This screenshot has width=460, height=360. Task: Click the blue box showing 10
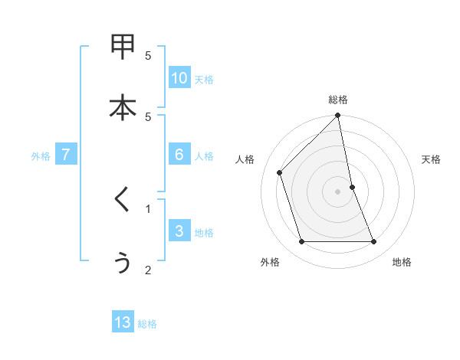(x=179, y=77)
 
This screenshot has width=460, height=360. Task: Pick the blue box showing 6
(x=179, y=154)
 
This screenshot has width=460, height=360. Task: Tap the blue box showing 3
(x=179, y=231)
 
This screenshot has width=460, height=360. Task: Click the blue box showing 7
(x=66, y=154)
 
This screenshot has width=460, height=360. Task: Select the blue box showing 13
(x=123, y=322)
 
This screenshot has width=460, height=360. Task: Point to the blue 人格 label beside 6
(x=204, y=156)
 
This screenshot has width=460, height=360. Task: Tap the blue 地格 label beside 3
(x=204, y=233)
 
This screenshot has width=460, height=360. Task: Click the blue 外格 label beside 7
(x=41, y=156)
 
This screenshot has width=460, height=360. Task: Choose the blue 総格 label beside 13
(x=147, y=325)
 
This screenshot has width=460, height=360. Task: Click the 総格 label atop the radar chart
(x=338, y=100)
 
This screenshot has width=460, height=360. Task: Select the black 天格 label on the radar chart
(x=432, y=159)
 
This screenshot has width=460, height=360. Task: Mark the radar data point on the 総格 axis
(x=338, y=116)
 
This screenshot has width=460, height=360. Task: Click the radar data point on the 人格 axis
(x=280, y=172)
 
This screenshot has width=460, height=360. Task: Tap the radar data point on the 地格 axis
(x=374, y=242)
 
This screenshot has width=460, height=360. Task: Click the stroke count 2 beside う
(x=148, y=270)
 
